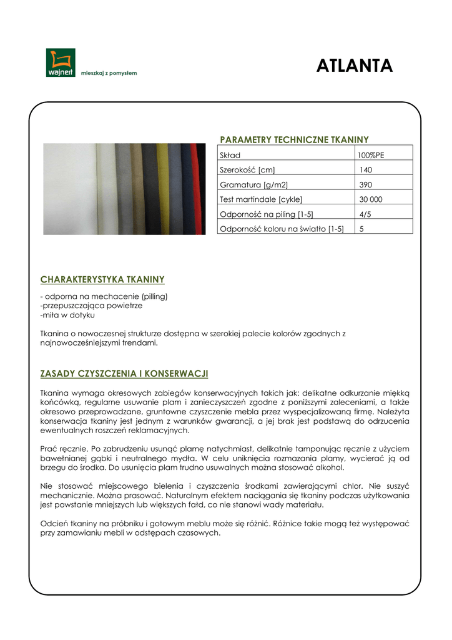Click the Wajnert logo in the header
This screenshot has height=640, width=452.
(60, 62)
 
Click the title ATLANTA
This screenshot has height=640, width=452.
(354, 66)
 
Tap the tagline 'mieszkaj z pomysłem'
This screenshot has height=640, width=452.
(109, 73)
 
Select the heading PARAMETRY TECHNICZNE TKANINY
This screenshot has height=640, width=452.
(294, 140)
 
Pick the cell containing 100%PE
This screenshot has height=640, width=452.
(370, 155)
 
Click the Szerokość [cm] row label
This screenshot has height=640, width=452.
(247, 170)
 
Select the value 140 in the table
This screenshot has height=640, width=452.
(365, 170)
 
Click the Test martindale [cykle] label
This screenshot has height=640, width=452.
(261, 199)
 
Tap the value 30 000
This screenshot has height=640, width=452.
(371, 199)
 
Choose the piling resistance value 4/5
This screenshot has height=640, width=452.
(365, 214)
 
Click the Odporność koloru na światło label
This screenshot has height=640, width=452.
(282, 229)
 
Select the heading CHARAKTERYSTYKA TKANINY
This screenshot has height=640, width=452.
(102, 279)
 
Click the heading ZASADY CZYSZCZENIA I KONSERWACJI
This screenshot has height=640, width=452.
(124, 374)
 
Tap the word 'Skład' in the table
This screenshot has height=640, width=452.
(230, 155)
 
